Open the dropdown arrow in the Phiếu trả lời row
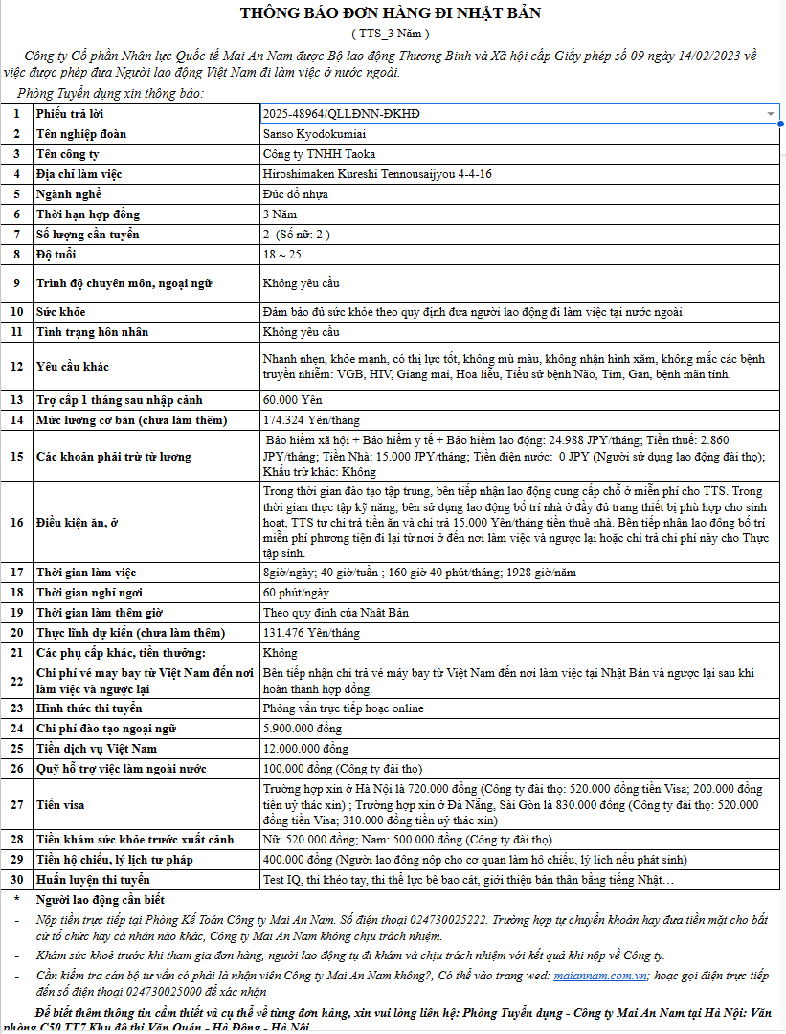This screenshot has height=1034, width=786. coord(770,114)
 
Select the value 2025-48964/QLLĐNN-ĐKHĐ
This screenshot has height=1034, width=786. coord(341,114)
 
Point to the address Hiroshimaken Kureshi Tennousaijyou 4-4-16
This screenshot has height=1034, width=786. coord(377,174)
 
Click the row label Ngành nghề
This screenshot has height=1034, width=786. coord(69,194)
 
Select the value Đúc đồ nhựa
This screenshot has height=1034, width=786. coord(295,194)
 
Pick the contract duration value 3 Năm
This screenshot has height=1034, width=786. coord(280,214)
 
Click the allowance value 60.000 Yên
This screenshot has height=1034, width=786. coord(292,399)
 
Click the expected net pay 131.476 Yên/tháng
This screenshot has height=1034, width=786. coord(311,633)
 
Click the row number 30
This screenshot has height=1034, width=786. coord(16,880)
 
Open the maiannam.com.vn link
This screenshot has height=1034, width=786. coord(604,976)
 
